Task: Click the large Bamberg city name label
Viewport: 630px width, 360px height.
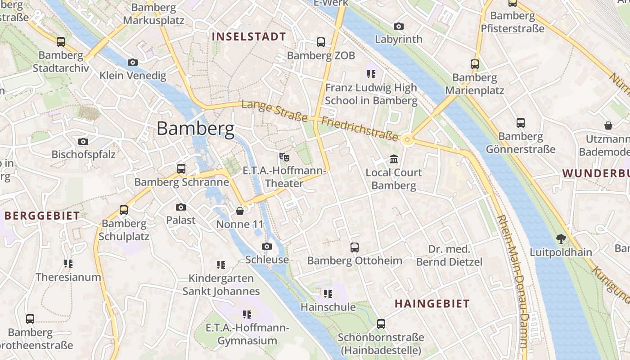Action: pos(195,129)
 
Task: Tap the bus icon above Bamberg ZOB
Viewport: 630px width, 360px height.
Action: pos(320,42)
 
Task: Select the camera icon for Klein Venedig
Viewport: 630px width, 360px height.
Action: pos(132,62)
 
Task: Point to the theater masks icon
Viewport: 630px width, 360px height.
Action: pos(284,157)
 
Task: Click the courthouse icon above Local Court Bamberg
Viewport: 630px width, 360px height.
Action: pos(394,159)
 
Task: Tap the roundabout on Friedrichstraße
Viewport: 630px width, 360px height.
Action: pos(408,139)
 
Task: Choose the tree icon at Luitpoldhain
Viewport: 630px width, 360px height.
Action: pos(561,238)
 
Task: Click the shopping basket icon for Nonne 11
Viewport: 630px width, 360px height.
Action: pos(240,211)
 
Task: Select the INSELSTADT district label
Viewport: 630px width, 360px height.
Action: pos(249,37)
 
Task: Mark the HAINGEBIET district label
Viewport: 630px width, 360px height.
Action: pos(432,304)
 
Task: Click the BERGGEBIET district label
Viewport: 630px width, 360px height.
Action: pos(42,216)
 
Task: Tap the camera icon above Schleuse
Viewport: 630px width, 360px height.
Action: pos(267,246)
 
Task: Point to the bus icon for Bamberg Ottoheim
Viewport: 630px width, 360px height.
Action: pos(355,247)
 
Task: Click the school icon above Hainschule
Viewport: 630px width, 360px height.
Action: pos(328,294)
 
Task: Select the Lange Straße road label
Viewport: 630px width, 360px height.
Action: pos(274,112)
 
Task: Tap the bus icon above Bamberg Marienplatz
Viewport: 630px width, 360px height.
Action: pos(474,64)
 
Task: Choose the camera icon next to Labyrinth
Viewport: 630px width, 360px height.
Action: pos(398,26)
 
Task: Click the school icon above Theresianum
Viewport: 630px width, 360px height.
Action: pos(68,263)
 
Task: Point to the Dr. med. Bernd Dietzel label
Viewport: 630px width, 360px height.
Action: pos(449,256)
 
